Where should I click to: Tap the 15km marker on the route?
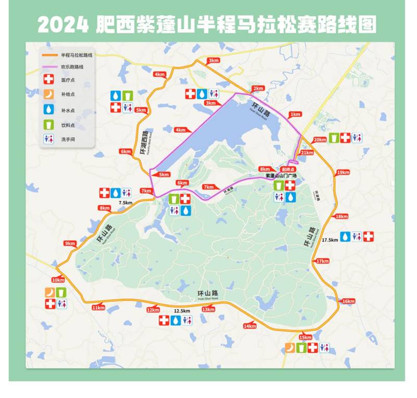coord(306,337)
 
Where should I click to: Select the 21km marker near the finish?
coord(307,153)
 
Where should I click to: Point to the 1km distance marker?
coord(295,114)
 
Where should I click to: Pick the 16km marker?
coord(348,301)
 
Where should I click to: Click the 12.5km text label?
coord(181,311)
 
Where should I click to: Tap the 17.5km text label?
coord(330,240)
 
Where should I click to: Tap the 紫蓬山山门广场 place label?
coord(281,176)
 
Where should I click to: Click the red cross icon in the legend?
coord(48,80)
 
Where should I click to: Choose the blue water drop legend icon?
coord(48,110)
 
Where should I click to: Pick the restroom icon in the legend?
coord(48,139)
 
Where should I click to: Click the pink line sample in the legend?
coord(50,67)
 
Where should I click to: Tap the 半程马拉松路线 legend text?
coord(76,54)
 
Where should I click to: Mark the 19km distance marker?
coord(343,172)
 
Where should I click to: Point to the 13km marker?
coord(208,309)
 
